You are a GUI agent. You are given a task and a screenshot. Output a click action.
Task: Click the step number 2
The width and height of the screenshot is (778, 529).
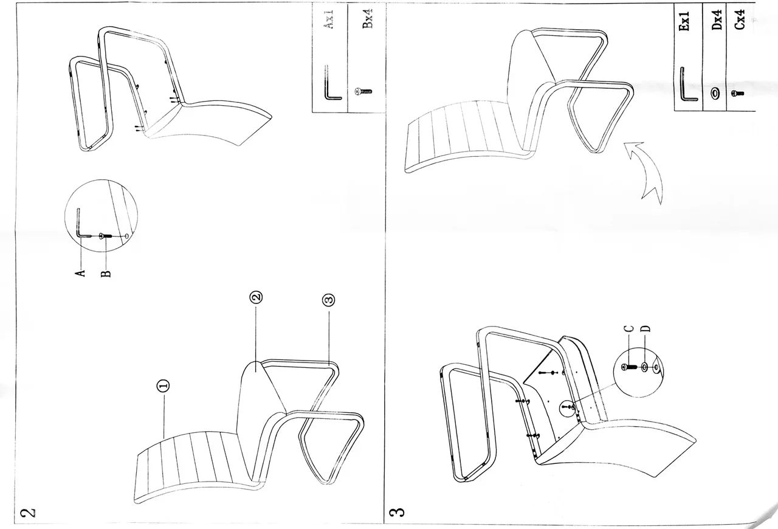click(28, 513)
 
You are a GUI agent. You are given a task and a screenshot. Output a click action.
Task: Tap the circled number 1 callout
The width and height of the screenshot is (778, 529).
click(164, 385)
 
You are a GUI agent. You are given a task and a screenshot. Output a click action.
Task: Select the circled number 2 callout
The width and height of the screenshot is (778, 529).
click(256, 297)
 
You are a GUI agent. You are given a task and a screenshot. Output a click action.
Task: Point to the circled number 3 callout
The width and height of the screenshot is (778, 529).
click(329, 300)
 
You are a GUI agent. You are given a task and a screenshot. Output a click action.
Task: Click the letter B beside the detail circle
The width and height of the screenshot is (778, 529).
click(106, 274)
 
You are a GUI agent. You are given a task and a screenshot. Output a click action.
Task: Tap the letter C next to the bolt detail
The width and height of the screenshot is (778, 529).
click(629, 328)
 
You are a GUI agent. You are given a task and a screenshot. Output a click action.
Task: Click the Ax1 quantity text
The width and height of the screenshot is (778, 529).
click(329, 19)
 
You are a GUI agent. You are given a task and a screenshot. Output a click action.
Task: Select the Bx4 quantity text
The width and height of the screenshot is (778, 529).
click(367, 19)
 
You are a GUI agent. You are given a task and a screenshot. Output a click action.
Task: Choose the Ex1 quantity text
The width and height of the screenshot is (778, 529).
click(684, 21)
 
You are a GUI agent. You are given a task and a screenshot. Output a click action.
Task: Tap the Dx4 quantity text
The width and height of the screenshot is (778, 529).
click(717, 19)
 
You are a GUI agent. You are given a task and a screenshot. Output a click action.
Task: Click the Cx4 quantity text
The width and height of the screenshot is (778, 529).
click(740, 19)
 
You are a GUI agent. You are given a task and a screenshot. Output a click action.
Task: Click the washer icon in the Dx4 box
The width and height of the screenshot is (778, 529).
click(715, 93)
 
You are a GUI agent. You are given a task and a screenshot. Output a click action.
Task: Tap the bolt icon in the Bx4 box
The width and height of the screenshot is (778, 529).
click(363, 92)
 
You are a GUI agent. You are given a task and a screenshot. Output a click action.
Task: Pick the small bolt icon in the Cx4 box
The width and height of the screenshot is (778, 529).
click(738, 94)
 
